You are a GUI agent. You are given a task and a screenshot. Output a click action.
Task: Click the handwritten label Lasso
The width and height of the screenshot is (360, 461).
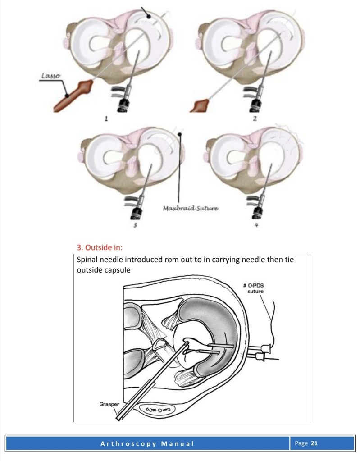coord(51,76)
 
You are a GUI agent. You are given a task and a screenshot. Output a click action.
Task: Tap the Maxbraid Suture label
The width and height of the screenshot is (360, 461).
coord(191,209)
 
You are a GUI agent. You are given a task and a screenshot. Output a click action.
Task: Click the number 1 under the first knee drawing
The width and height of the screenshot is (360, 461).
coord(106,119)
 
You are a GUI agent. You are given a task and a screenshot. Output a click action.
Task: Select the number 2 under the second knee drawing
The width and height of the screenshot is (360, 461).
coord(255,119)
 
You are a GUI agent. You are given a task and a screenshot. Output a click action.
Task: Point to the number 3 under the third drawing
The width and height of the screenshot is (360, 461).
coord(135,225)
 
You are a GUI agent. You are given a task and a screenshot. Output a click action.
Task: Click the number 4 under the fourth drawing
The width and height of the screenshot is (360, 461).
coord(256,225)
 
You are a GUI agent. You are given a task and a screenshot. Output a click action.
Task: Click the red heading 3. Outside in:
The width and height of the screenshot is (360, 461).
coord(100,247)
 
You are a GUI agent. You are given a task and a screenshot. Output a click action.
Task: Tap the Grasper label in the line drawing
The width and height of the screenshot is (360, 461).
coord(109,404)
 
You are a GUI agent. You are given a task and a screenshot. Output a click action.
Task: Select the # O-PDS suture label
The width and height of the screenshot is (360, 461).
coord(254,288)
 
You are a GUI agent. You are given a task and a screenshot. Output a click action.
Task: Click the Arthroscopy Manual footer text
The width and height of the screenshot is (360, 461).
coord(147,444)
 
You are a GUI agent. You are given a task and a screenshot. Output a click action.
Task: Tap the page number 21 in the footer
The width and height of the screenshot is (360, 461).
coord(314,443)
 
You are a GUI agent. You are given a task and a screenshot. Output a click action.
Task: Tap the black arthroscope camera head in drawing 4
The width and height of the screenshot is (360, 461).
coord(257,213)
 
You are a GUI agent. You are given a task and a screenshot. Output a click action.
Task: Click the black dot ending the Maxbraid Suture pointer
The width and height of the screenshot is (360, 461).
coord(180,135)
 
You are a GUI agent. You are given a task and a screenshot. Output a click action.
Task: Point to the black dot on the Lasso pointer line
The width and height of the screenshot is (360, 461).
coord(67,96)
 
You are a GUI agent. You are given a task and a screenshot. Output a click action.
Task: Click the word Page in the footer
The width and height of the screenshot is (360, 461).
coord(301,443)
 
